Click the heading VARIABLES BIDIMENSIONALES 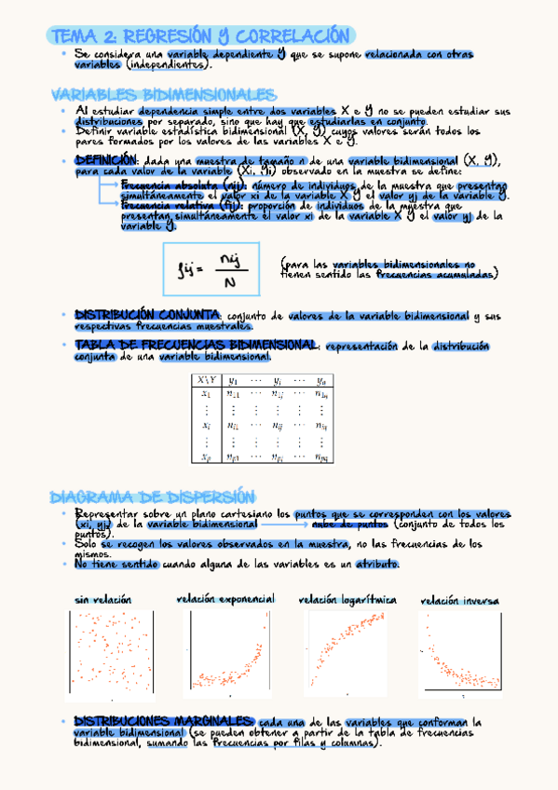(x=163, y=96)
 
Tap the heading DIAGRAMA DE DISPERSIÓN (x=151, y=496)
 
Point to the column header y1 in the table (x=234, y=379)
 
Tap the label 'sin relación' (x=102, y=599)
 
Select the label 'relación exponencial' (x=225, y=598)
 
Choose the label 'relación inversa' (x=460, y=601)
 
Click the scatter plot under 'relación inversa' (x=462, y=652)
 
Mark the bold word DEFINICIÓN (x=105, y=160)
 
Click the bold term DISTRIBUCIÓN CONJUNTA (x=146, y=315)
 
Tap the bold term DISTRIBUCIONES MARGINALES (x=162, y=722)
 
